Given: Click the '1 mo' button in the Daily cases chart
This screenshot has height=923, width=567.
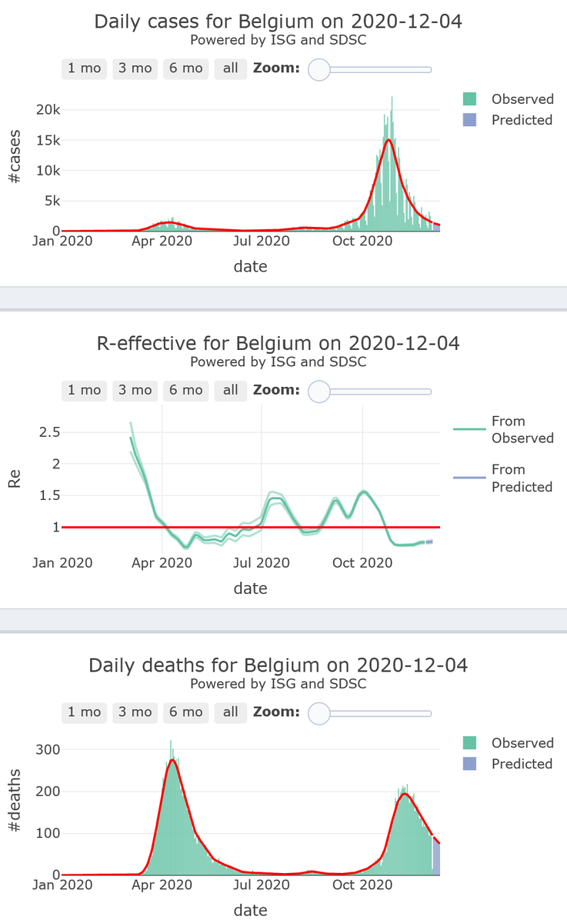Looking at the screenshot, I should coord(84,68).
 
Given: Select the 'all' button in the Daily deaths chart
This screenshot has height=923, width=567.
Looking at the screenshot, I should coord(230,712).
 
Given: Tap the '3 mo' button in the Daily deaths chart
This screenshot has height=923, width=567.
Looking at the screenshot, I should coord(135,712).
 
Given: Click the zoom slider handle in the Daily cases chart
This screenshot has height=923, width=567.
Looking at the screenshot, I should coord(319,69).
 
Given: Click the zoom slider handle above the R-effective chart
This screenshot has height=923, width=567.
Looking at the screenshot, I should coord(319,392).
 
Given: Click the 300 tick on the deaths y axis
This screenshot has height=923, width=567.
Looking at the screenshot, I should coord(48,749).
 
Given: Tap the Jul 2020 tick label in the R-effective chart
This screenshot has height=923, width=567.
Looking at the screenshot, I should coord(262,563).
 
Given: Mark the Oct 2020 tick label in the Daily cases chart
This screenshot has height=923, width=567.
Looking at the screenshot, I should coord(362,242).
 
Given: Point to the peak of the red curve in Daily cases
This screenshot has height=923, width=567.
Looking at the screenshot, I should coord(389,140).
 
